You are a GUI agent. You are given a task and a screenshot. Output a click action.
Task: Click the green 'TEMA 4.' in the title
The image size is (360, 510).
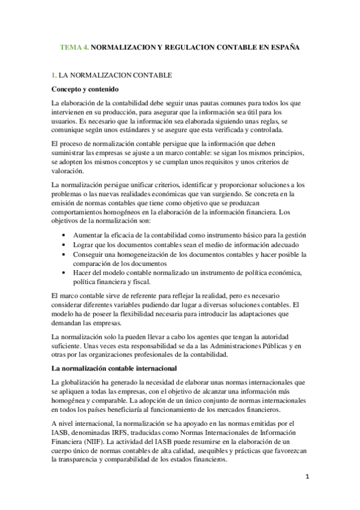click(x=75, y=46)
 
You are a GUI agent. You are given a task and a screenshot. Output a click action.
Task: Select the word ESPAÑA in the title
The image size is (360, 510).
click(x=282, y=46)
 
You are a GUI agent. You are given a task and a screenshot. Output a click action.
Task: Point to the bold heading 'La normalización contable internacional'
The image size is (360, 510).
click(x=114, y=368)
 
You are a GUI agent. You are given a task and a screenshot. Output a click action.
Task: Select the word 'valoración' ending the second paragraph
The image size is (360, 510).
click(x=68, y=171)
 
